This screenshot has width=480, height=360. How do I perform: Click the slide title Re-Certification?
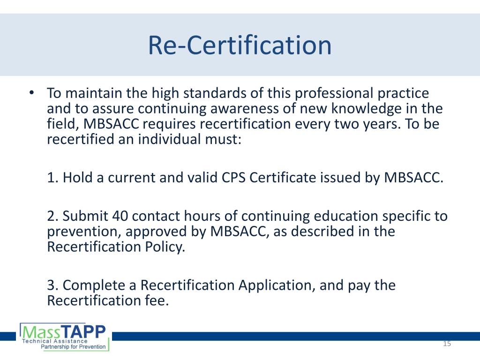[240, 45]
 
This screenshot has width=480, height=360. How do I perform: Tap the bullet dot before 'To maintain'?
[30, 93]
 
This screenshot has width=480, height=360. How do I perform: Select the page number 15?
[446, 345]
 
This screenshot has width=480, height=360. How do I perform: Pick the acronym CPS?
[221, 178]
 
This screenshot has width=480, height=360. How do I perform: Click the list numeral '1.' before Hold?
[53, 178]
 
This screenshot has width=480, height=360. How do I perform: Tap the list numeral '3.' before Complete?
[53, 285]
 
